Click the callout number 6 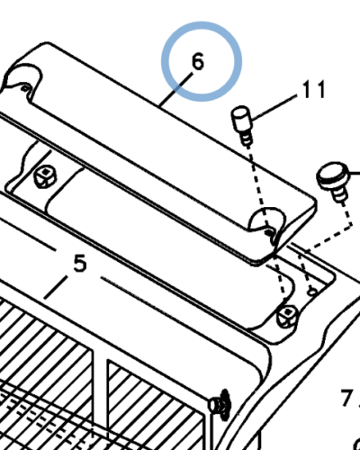[197, 61]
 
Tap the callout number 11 [314, 89]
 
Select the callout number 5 [80, 263]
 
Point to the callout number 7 [346, 398]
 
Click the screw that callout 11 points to [242, 125]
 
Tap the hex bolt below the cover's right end [287, 316]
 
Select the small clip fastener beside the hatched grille [220, 405]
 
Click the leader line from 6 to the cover [175, 89]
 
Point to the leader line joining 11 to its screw [274, 107]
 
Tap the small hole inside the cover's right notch [270, 232]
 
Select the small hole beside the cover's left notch [26, 88]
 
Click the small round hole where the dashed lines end [312, 292]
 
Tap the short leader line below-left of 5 [56, 288]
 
